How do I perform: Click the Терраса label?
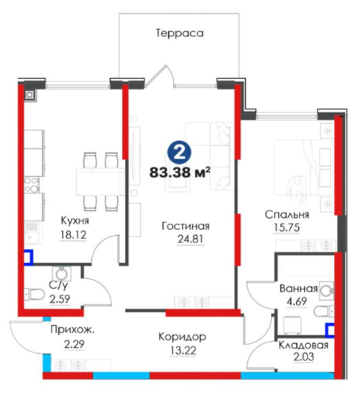pos(180,33)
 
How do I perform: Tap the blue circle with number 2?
pos(180,152)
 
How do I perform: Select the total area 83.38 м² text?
pos(180,173)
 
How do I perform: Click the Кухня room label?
pos(75,221)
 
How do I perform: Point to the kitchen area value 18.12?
pos(73,235)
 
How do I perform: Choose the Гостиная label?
pos(185,226)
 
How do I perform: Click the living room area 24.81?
pos(190,239)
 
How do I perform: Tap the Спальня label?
pos(287,215)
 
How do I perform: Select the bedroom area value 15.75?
pos(287,227)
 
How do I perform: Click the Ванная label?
pos(298,288)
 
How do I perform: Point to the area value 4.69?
pos(297,301)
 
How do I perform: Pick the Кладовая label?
pos(303,345)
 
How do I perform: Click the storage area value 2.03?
pos(303,357)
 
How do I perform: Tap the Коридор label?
pos(182,337)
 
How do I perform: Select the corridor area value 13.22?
pos(183,351)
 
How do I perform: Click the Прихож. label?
pos(73,330)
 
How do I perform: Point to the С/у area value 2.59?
pos(60,299)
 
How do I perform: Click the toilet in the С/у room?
pos(34,294)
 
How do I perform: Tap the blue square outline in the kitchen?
pos(28,257)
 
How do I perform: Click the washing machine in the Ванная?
pos(292,325)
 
